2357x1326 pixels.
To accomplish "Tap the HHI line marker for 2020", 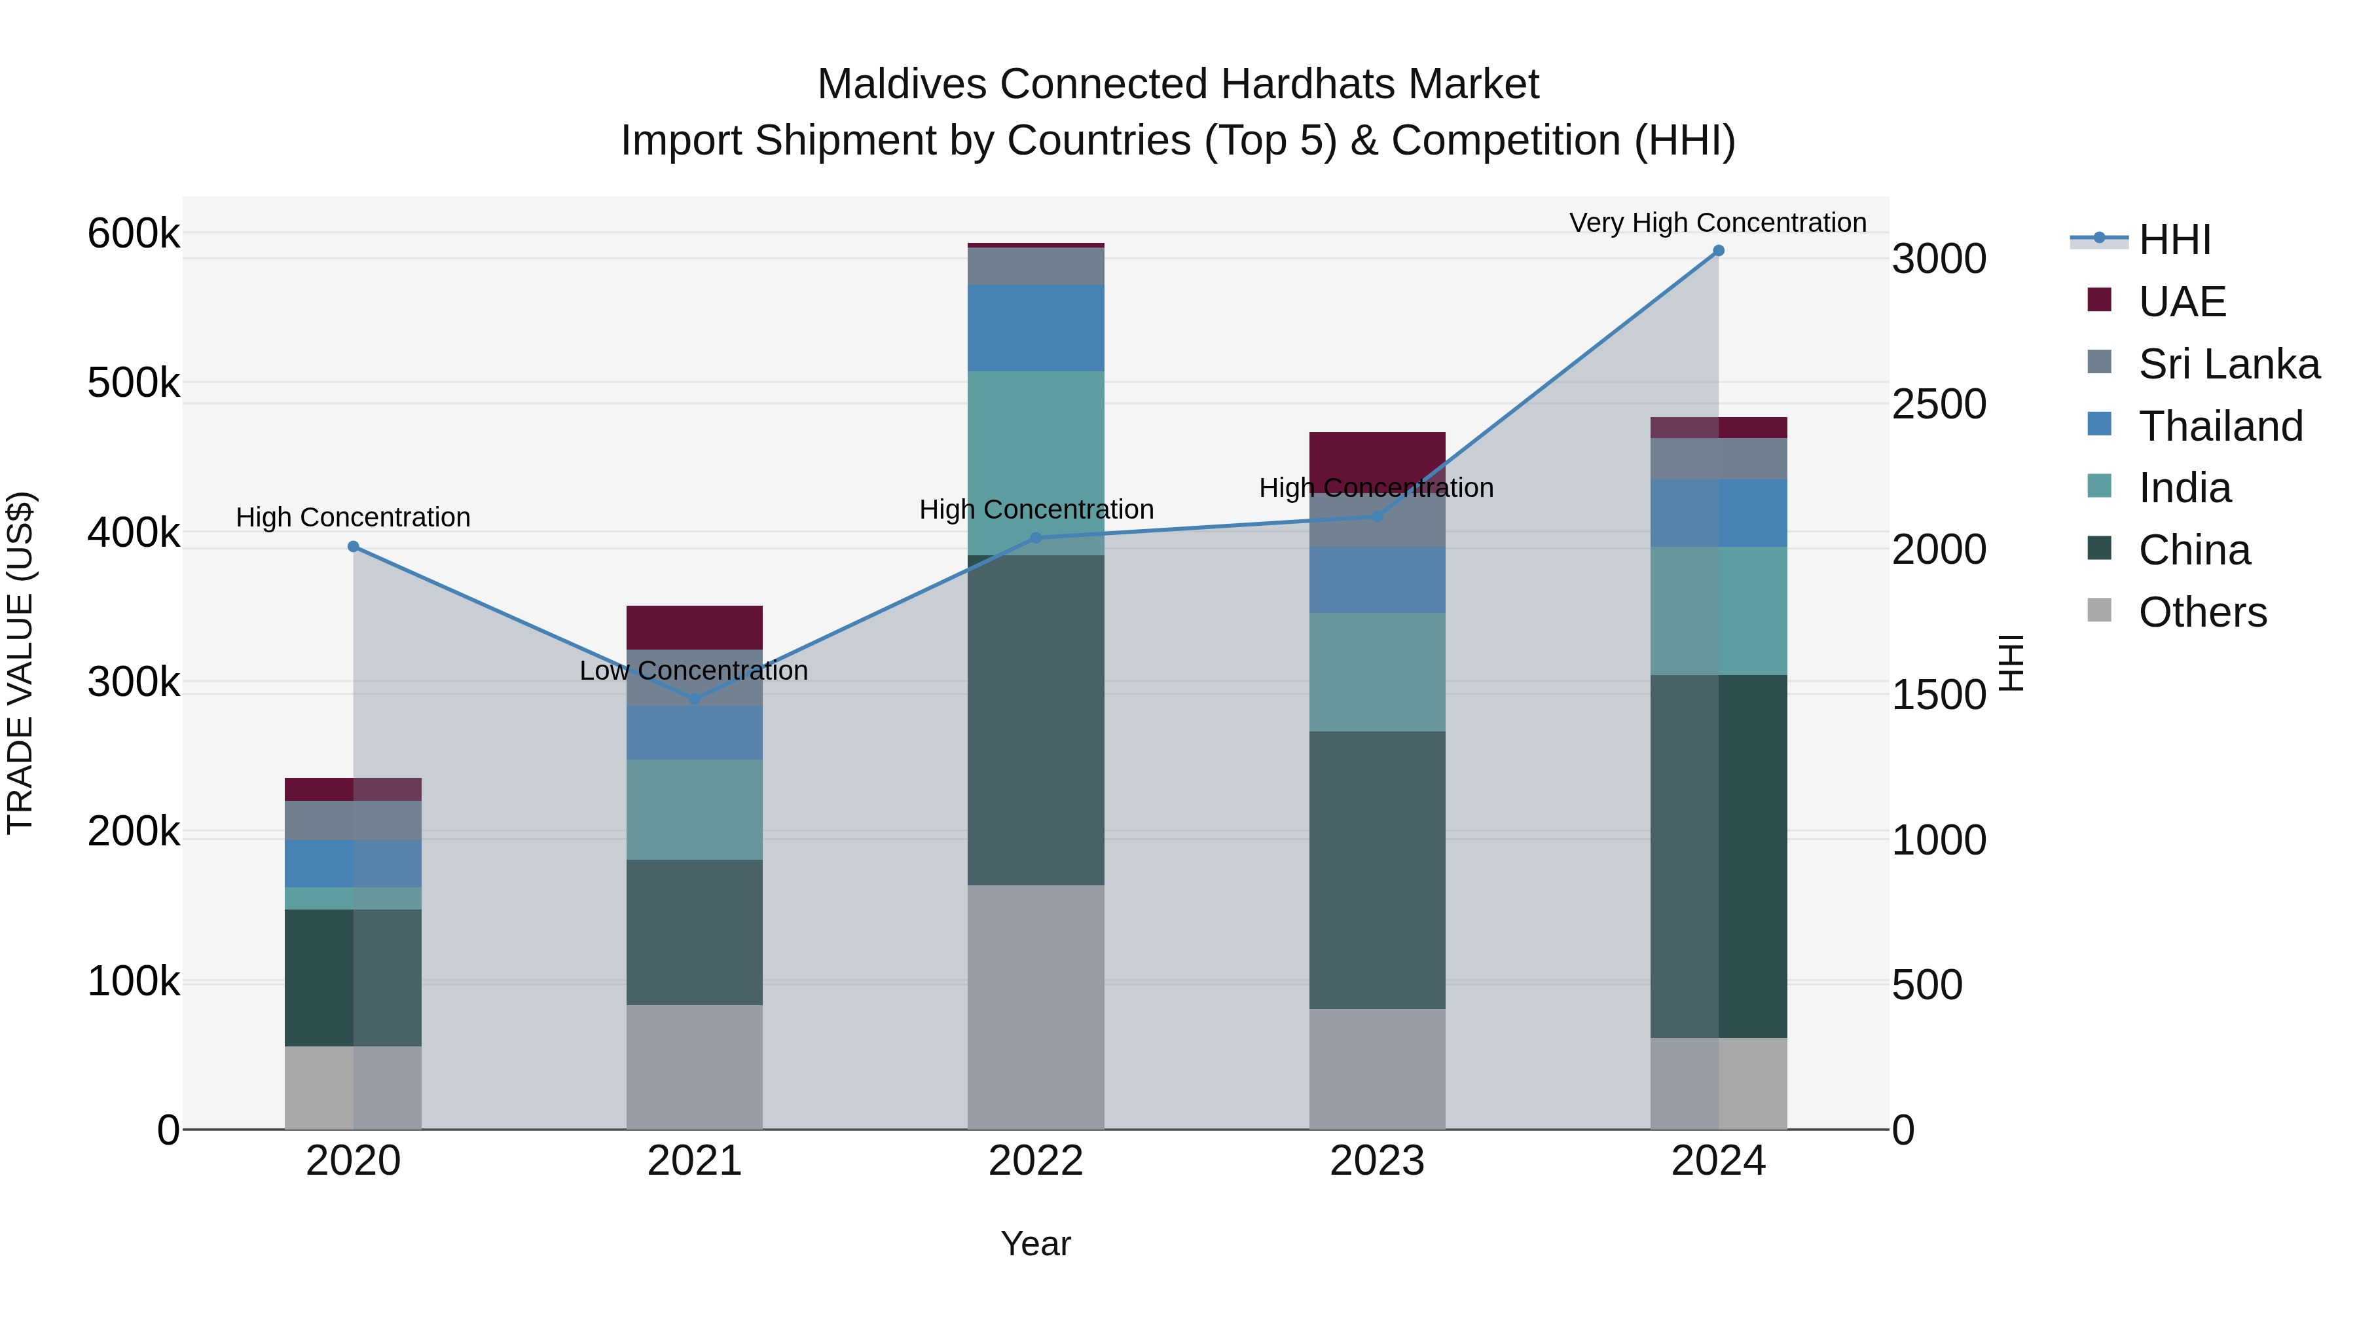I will (x=353, y=546).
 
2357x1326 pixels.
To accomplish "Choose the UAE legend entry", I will (x=2182, y=302).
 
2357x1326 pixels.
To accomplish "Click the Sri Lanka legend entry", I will (x=2228, y=364).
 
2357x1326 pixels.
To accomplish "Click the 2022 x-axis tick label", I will (x=1036, y=1161).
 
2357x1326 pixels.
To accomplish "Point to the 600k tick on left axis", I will (x=134, y=233).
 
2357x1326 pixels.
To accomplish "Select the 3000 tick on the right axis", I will (x=1939, y=259).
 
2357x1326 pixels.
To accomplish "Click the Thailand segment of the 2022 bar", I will (x=1036, y=327).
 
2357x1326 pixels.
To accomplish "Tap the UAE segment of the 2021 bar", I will (x=695, y=628).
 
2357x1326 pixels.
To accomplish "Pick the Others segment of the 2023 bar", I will (x=1377, y=1069).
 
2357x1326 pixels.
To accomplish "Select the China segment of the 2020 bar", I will (x=353, y=978).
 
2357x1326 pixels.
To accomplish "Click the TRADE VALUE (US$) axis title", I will (x=20, y=663).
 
